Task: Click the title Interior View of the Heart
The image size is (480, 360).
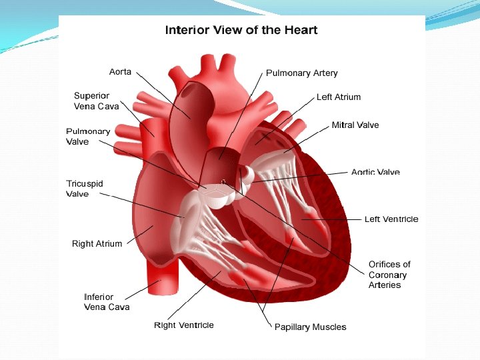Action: click(x=241, y=30)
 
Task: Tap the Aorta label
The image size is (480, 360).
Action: click(x=120, y=71)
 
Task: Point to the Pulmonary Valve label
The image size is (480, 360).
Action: click(x=87, y=136)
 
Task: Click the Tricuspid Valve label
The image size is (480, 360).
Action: click(x=84, y=189)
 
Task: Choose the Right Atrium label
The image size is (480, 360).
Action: click(x=97, y=243)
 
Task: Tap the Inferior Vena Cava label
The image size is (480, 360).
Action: click(x=107, y=302)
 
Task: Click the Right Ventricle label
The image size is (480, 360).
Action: click(x=184, y=325)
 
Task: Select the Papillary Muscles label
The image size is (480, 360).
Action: click(x=310, y=327)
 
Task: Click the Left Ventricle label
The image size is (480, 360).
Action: click(x=391, y=219)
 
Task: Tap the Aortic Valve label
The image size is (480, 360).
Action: click(x=375, y=172)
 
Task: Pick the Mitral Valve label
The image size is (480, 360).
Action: click(x=355, y=125)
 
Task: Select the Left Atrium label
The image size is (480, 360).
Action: click(x=338, y=97)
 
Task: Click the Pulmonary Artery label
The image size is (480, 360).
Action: click(x=301, y=73)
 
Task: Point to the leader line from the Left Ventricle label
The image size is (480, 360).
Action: click(x=333, y=219)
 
